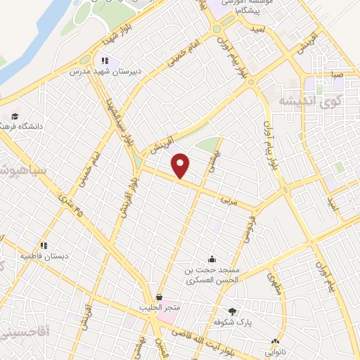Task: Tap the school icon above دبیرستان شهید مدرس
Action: pos(105,61)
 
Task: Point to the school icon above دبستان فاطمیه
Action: pos(44,246)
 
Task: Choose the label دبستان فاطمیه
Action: pos(44,256)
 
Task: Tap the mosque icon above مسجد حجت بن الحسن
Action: pos(212,259)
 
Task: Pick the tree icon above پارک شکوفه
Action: pos(233,311)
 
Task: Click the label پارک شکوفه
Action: pos(233,321)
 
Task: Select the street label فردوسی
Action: pos(250,229)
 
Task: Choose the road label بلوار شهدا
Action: pos(115,37)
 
